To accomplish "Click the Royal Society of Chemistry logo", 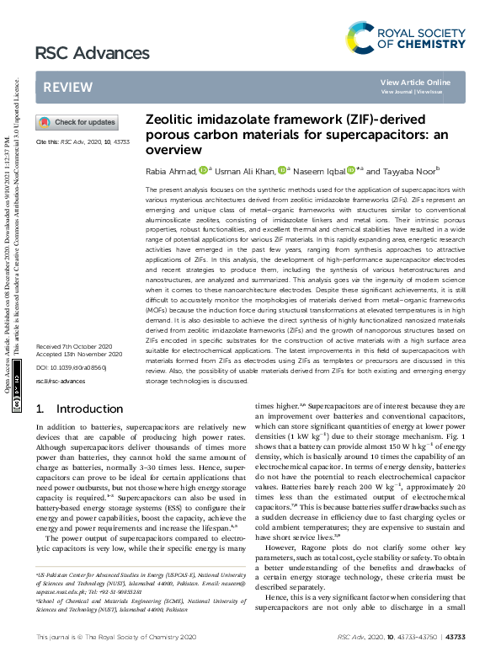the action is [x=405, y=38].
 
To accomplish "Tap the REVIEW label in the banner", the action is [x=62, y=88].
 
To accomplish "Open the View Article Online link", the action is [x=415, y=82].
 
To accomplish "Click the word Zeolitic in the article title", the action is [x=169, y=120].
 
